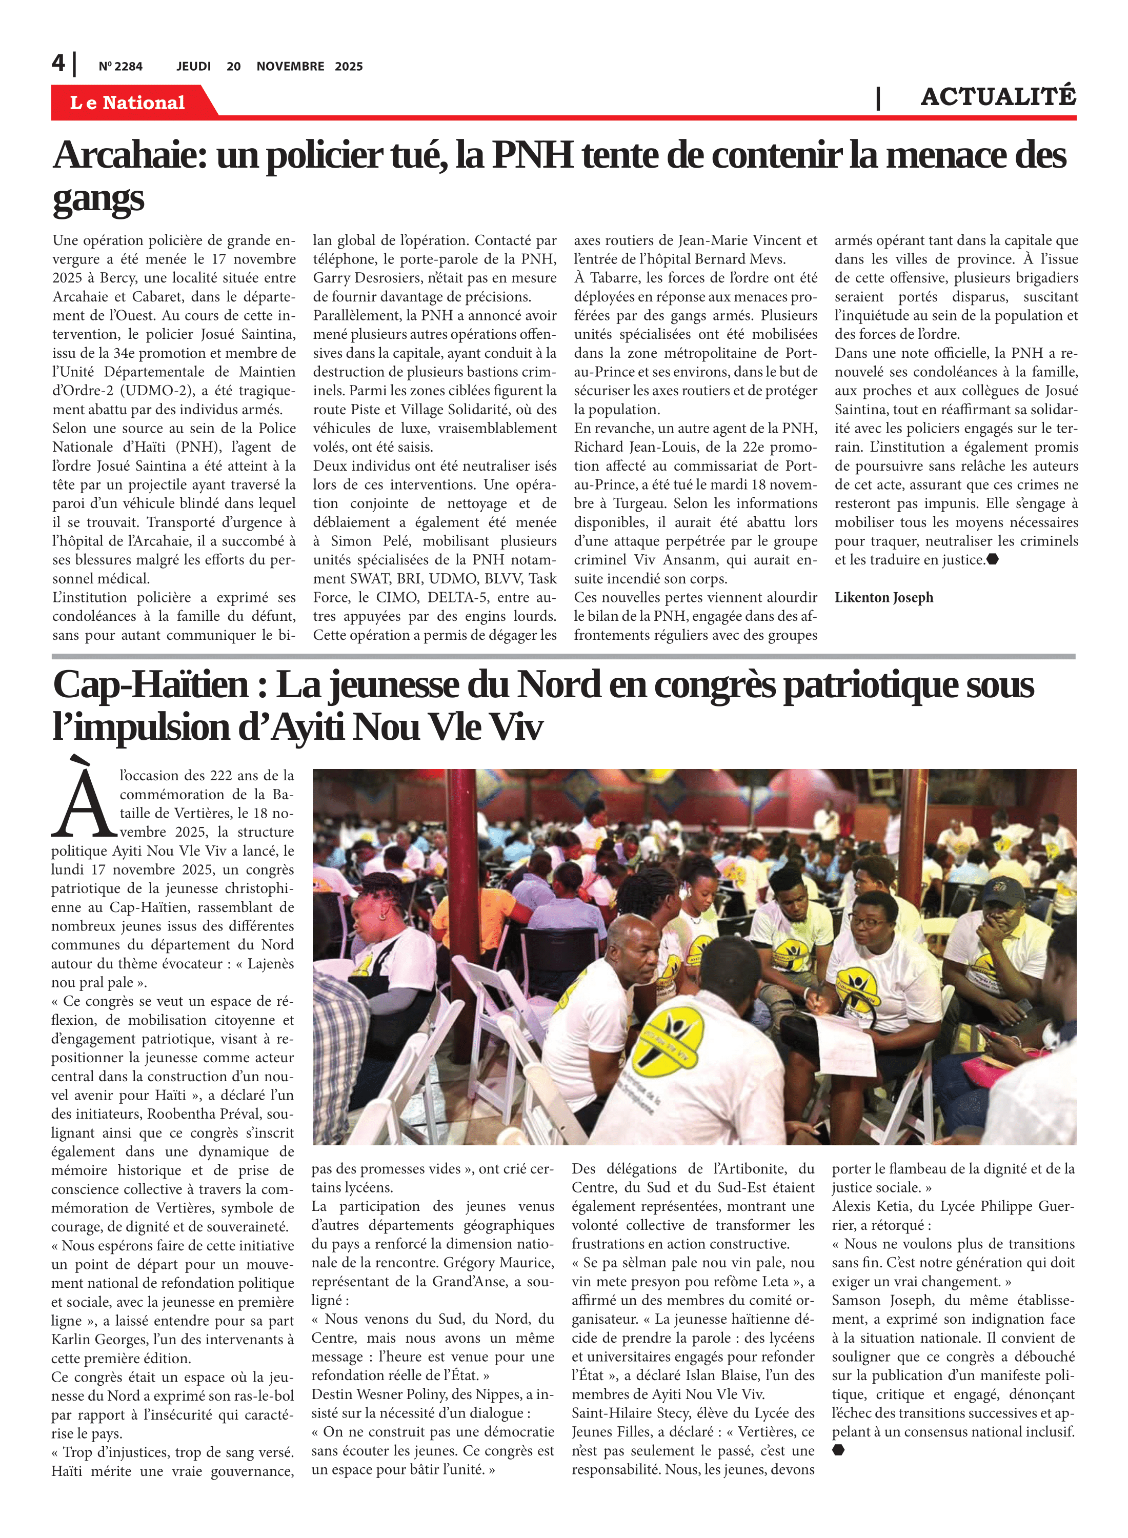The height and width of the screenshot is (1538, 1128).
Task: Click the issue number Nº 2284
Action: (120, 66)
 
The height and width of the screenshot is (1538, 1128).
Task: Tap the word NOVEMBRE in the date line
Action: (290, 66)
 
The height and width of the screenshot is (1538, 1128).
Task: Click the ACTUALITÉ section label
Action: (998, 96)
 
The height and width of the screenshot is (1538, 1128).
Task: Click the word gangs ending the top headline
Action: (98, 199)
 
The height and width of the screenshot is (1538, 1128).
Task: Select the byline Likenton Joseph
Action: (883, 597)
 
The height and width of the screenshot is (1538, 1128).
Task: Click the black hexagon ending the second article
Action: (838, 1449)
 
